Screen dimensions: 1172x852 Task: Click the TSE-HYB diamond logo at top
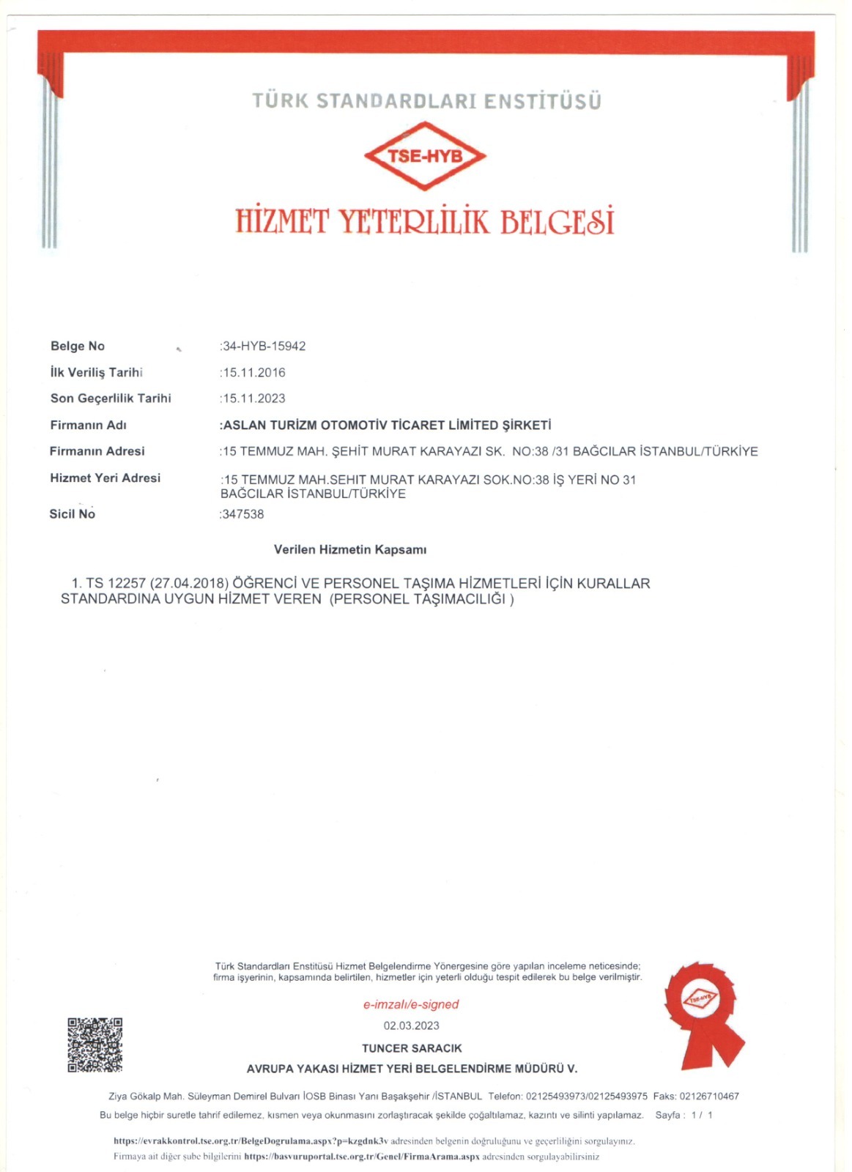425,156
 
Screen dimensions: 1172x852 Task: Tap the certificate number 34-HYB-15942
264,346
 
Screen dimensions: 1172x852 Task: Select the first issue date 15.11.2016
253,373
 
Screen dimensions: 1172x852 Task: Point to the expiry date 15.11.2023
253,398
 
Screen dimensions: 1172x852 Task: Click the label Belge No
78,346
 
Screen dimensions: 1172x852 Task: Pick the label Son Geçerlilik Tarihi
111,398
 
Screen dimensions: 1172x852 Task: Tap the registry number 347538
242,514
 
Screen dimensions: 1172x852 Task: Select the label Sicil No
73,514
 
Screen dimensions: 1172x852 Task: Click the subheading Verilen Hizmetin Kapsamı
350,549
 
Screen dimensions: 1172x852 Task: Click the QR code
95,1045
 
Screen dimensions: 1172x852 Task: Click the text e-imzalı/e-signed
411,1004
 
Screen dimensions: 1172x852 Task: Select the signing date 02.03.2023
412,1025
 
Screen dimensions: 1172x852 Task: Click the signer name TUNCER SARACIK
412,1048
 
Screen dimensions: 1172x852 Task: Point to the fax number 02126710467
709,1097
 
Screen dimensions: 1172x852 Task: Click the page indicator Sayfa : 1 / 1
684,1115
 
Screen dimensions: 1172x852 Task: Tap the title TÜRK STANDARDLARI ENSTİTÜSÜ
426,101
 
